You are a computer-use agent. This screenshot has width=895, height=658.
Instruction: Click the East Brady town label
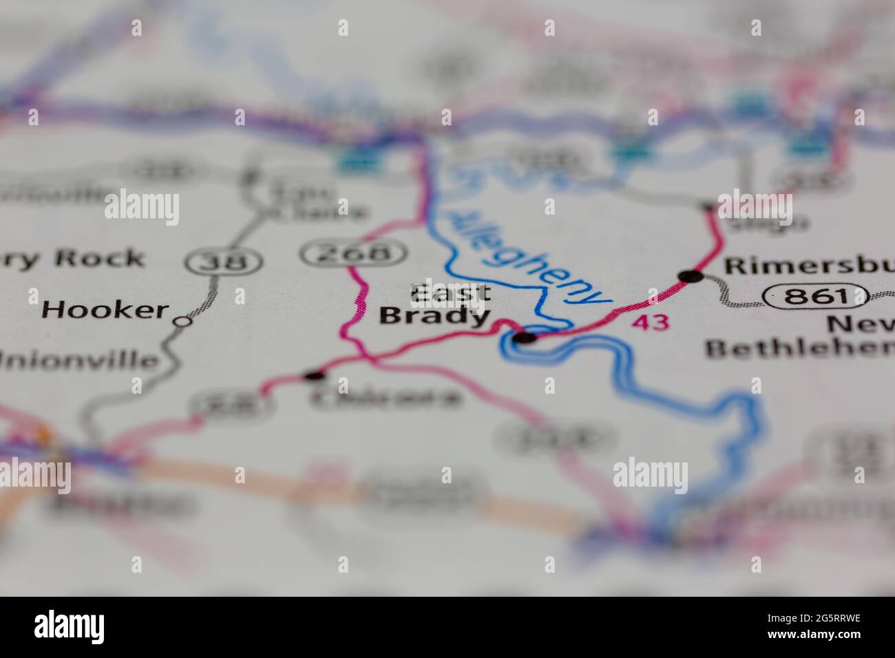click(x=436, y=304)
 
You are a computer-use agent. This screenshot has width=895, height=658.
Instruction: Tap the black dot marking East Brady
click(x=525, y=337)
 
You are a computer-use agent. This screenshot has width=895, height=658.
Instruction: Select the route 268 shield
click(x=354, y=253)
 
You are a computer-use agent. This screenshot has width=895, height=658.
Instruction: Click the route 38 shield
click(x=224, y=261)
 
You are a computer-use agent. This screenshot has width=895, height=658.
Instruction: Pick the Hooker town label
click(x=105, y=310)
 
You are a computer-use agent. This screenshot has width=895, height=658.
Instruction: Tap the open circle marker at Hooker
click(x=182, y=321)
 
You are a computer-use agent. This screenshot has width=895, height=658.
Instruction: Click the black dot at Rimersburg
click(x=691, y=277)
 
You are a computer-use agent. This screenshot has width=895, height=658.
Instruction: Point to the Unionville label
click(x=79, y=361)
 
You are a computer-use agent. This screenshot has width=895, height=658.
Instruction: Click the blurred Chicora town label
click(x=386, y=399)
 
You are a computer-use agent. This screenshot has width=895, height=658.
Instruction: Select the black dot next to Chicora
click(x=315, y=376)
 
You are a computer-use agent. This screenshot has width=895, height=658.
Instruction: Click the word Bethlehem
click(x=799, y=348)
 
